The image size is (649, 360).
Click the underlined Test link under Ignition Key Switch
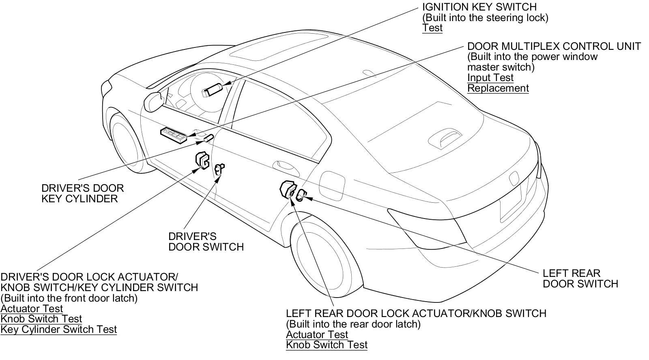point(432,28)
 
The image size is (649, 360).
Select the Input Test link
point(490,78)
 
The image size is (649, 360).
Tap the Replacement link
point(498,88)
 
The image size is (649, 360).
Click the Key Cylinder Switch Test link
point(58,330)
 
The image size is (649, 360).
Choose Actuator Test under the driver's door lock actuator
point(32,309)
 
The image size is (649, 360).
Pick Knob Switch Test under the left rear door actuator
point(327,345)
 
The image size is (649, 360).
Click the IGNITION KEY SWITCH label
point(479,7)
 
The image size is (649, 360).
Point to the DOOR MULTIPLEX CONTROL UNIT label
point(554,46)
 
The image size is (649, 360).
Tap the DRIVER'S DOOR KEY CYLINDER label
point(82,193)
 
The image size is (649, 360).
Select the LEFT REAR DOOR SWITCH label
point(580,279)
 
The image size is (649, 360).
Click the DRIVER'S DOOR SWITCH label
point(206,242)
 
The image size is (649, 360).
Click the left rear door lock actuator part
point(287,189)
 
